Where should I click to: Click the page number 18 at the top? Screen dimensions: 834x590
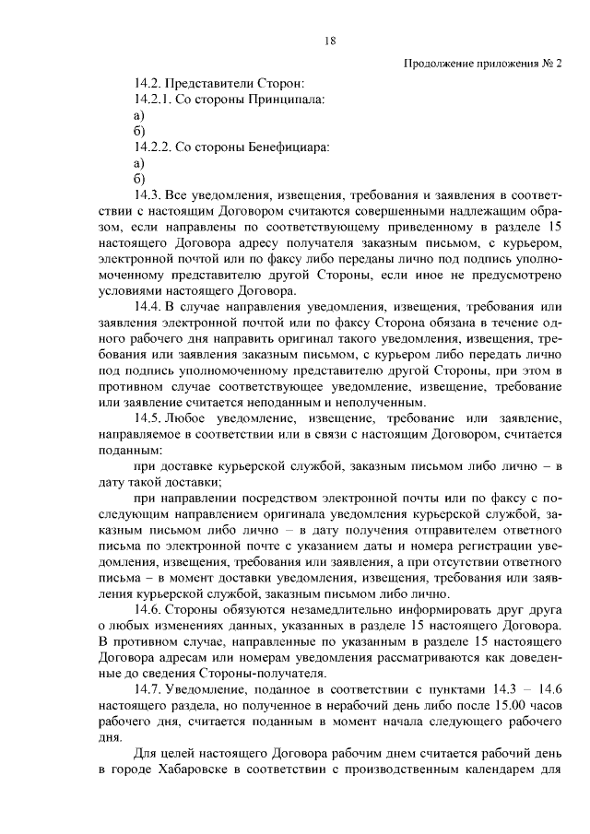[x=331, y=40]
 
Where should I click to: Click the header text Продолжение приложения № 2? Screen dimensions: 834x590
[x=483, y=64]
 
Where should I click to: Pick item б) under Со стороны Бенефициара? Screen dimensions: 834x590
[x=139, y=179]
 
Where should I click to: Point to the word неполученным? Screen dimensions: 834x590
[x=384, y=403]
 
